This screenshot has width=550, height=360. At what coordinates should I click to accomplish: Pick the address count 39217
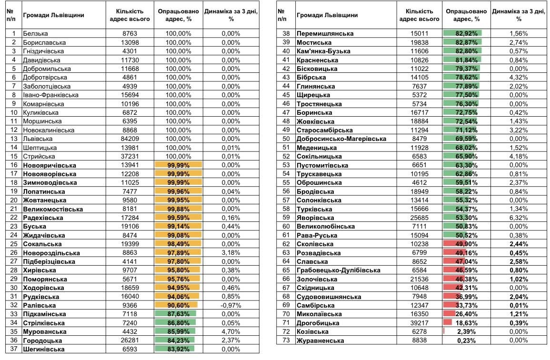coord(420,323)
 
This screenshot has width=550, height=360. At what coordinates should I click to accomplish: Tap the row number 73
coord(286,340)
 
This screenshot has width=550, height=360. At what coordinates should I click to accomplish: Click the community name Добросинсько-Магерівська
coord(341,139)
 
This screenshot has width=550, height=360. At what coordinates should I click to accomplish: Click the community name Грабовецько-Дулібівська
coord(338,270)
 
